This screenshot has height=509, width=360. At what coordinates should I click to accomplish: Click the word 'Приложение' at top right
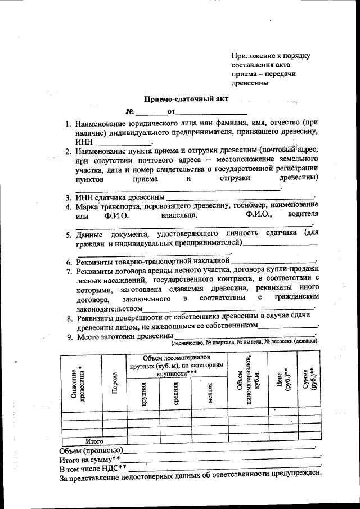(x=253, y=56)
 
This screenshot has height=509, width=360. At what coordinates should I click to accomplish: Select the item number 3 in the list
(x=67, y=198)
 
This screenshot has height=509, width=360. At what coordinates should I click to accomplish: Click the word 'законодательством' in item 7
(x=109, y=309)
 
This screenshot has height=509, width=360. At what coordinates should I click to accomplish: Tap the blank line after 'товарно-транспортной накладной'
(x=273, y=262)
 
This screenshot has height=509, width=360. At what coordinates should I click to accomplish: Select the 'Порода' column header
(x=115, y=382)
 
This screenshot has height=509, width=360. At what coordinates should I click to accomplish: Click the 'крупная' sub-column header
(x=143, y=394)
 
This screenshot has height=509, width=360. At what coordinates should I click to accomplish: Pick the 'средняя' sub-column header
(x=175, y=394)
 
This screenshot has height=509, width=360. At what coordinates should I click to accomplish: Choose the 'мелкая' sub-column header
(x=209, y=394)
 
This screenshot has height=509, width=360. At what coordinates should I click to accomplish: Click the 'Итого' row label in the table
(x=94, y=442)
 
